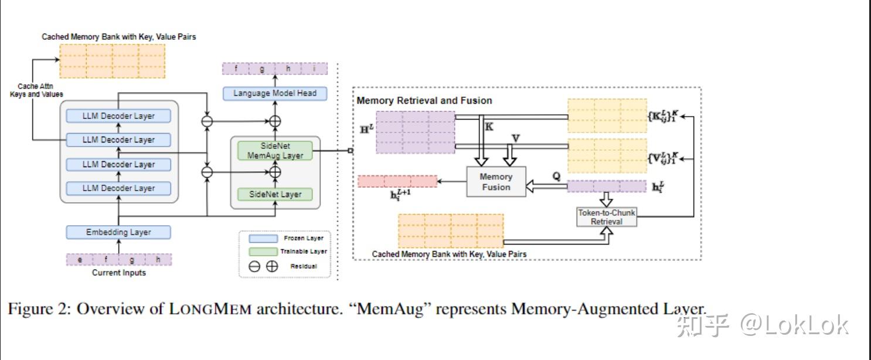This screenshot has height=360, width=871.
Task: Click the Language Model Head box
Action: (275, 93)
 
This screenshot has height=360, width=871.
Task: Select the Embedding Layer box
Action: (118, 232)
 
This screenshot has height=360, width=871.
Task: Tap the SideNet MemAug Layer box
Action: (275, 151)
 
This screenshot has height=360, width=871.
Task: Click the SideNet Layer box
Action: (275, 194)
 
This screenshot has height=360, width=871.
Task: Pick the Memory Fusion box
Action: (496, 182)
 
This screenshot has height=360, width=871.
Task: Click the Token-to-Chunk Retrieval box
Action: (606, 217)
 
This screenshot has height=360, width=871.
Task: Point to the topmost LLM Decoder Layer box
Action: (118, 116)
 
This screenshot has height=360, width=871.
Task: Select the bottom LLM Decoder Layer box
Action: (118, 188)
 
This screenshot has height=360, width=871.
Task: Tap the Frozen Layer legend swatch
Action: (263, 239)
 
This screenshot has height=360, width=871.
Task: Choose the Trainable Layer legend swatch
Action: (263, 252)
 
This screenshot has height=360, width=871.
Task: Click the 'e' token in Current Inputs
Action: (80, 260)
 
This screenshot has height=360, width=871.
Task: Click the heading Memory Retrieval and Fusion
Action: (424, 101)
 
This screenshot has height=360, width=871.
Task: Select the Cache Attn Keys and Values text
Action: (36, 90)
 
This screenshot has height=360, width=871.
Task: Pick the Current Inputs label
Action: (119, 273)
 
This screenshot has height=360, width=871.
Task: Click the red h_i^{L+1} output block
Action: (397, 181)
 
